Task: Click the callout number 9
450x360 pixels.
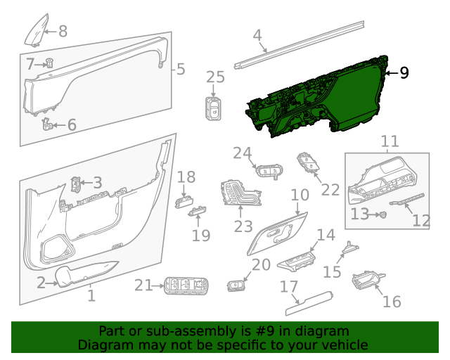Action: [x=404, y=72]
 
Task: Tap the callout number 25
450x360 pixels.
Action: [x=215, y=77]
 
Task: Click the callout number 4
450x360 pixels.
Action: [x=257, y=35]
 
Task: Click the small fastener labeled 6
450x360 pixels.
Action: [x=47, y=125]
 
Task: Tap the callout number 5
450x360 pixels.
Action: [x=181, y=69]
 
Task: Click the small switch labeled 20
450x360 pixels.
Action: [x=237, y=285]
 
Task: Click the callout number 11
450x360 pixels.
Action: [x=389, y=143]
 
